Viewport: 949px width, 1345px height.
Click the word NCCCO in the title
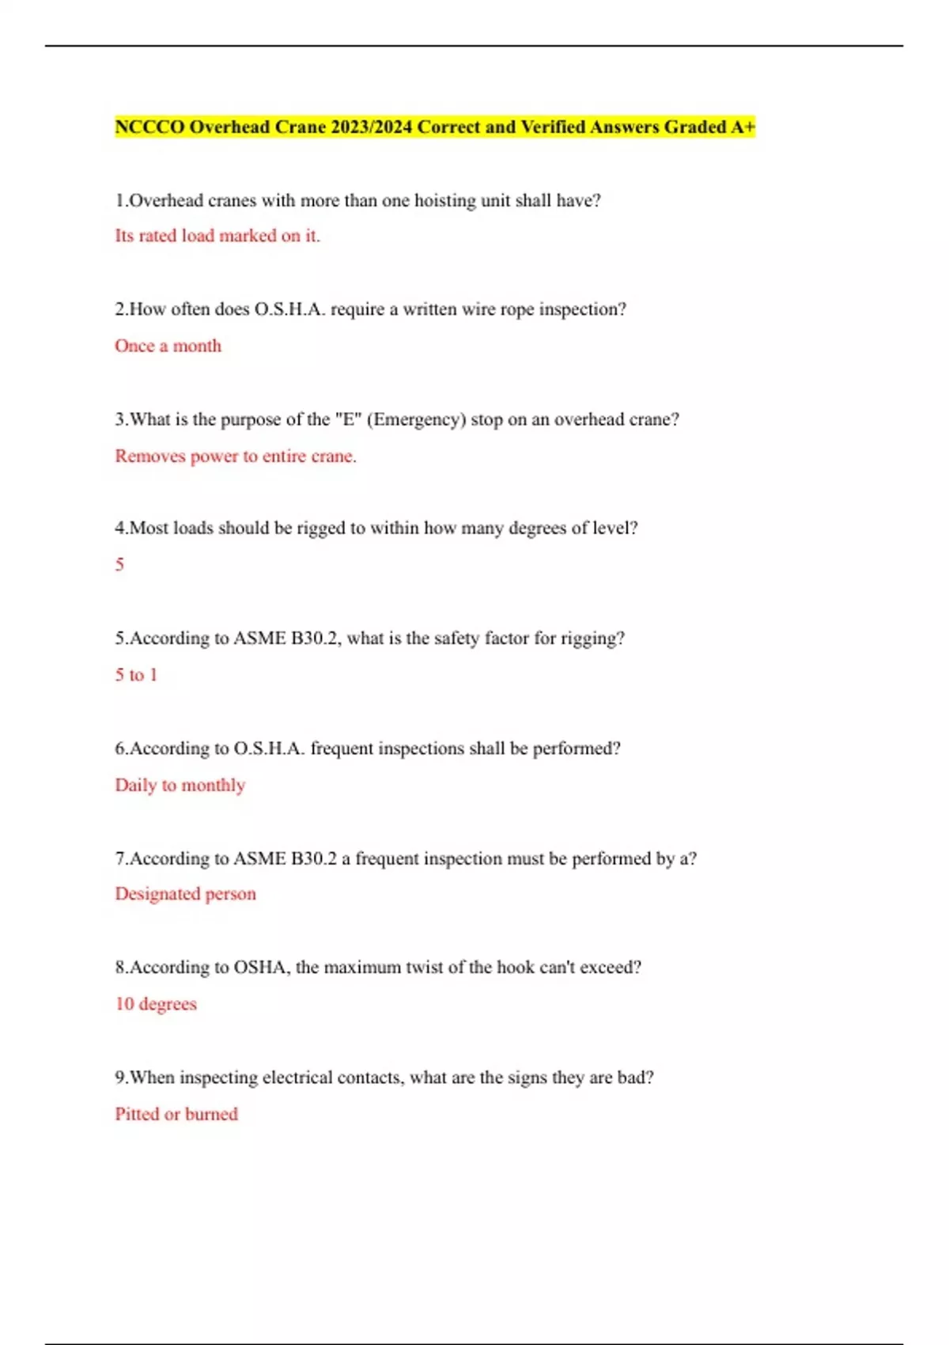[x=149, y=127]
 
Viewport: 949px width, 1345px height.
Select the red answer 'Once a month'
[x=168, y=346]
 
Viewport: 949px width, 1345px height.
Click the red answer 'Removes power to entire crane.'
[x=236, y=457]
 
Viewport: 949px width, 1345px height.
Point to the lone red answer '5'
[x=119, y=565]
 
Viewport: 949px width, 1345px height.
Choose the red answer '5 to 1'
[x=136, y=675]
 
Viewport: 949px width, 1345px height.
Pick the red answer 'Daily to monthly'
[x=180, y=785]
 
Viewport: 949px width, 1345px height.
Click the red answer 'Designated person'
[x=186, y=894]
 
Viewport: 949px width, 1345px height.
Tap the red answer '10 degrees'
[x=156, y=1004]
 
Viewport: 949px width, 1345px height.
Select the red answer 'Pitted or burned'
[x=176, y=1114]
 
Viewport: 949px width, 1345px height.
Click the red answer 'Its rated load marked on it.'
[x=217, y=236]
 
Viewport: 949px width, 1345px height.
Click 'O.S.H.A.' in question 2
[x=289, y=309]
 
